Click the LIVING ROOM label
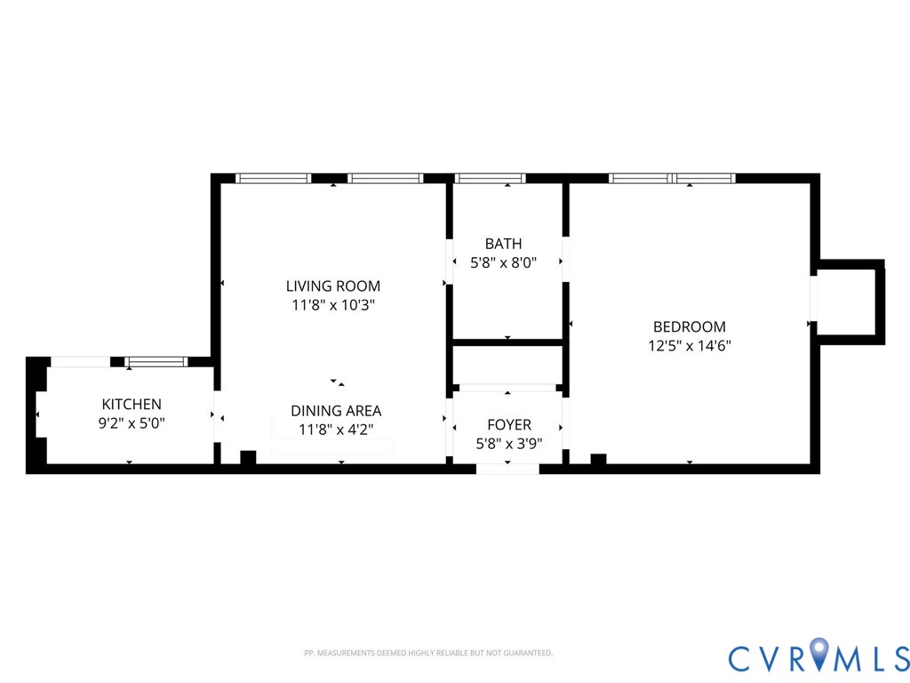(x=332, y=286)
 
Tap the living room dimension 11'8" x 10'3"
(x=332, y=305)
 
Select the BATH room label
(x=503, y=244)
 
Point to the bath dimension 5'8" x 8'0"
(x=503, y=262)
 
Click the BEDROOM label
(x=689, y=327)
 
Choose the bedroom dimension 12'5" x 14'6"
(x=689, y=346)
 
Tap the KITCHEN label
(x=132, y=405)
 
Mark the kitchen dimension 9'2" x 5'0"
(x=132, y=423)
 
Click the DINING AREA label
(x=336, y=411)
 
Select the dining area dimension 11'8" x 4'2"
(x=336, y=430)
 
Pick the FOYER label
(x=508, y=425)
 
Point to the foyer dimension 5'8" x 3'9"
(x=508, y=443)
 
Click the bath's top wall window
(x=491, y=179)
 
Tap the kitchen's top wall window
(x=156, y=362)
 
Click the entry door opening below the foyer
(x=507, y=469)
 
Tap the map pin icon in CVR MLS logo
(x=819, y=655)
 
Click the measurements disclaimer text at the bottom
(x=427, y=654)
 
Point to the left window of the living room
(x=273, y=179)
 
